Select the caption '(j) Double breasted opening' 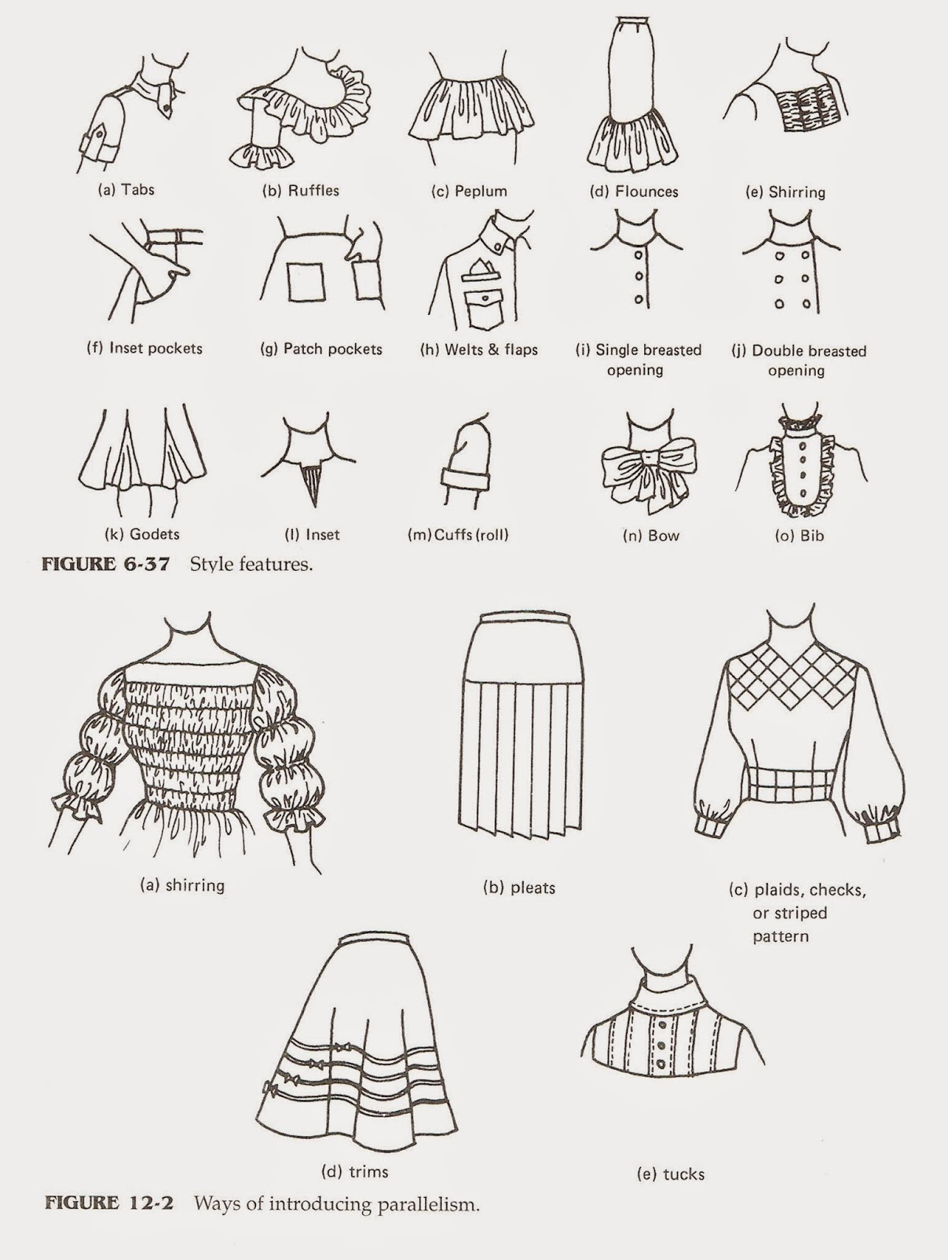(x=797, y=360)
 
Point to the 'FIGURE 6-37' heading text (x=107, y=565)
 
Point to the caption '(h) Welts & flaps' (x=479, y=349)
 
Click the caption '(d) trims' (x=355, y=1172)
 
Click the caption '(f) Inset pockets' (x=144, y=348)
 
